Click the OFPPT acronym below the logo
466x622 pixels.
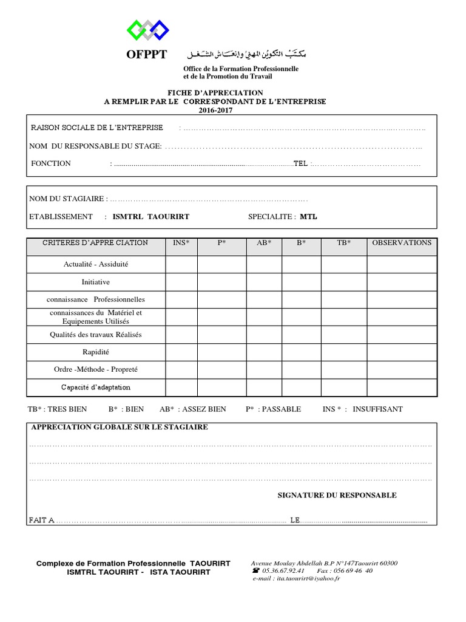(x=146, y=55)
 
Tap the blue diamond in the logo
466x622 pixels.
(x=160, y=29)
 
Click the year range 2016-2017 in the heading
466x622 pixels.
(x=215, y=111)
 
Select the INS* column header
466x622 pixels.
(x=181, y=243)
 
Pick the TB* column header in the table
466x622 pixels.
(x=343, y=243)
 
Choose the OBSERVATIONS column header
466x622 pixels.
(x=402, y=243)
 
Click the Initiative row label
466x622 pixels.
(x=96, y=282)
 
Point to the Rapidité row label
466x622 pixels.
(x=96, y=352)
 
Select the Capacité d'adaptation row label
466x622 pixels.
(x=96, y=388)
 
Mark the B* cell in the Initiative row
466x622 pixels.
(x=301, y=282)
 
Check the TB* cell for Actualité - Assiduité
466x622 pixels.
(x=343, y=265)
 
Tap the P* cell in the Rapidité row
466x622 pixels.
(x=221, y=352)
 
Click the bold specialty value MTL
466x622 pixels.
(x=308, y=217)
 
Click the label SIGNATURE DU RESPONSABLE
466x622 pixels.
(x=337, y=496)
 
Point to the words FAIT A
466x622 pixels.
(x=41, y=521)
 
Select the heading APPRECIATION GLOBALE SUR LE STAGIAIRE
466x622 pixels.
(x=119, y=428)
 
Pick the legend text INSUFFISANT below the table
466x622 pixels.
(x=377, y=409)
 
